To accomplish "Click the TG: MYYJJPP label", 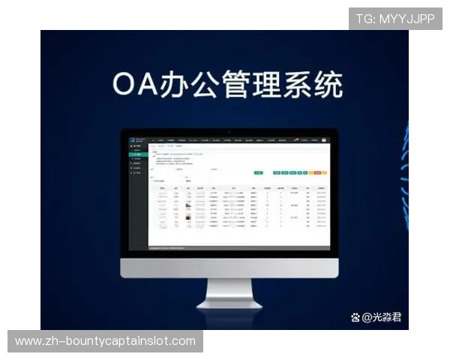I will tap(395, 19).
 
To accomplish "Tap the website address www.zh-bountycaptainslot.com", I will tap(105, 341).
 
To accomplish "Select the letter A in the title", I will tap(153, 85).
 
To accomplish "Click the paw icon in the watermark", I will tap(355, 317).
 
